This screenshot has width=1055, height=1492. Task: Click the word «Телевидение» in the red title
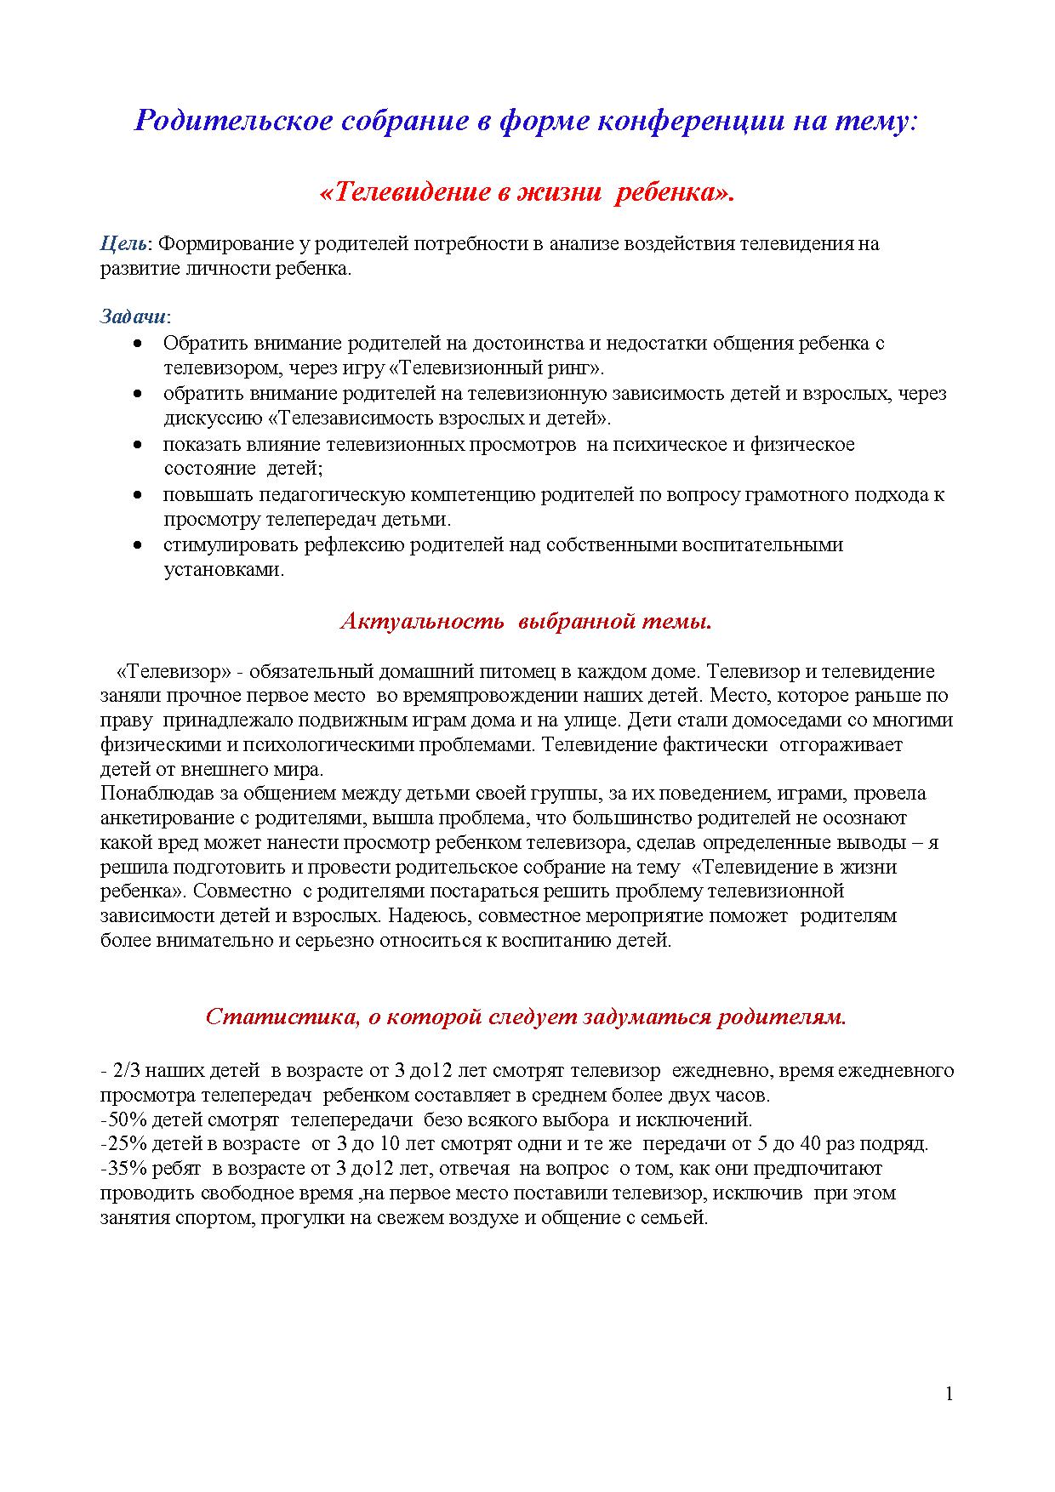click(403, 193)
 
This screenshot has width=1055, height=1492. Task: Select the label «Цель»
click(124, 244)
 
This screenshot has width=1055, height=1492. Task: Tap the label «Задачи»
click(133, 317)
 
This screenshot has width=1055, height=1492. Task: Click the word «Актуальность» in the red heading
click(422, 622)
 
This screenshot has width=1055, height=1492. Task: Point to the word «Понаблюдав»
click(153, 794)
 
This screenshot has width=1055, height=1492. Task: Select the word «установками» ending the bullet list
click(223, 570)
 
